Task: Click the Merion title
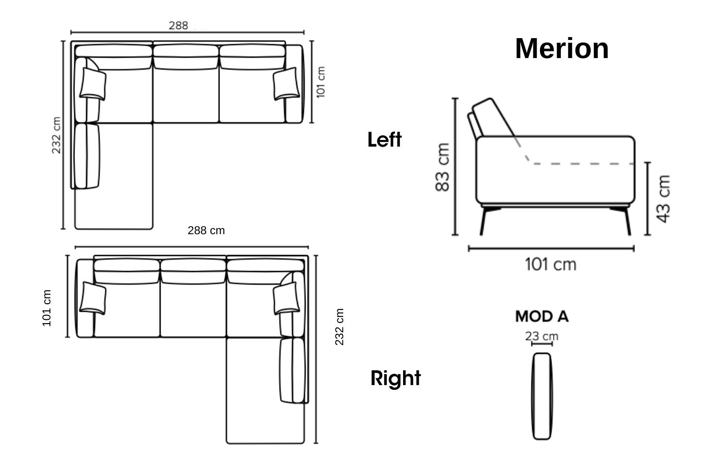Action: point(562,49)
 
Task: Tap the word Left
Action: point(385,139)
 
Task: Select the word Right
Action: point(395,378)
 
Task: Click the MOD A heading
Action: point(542,317)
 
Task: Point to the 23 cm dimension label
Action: point(541,336)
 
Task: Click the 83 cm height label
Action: point(443,168)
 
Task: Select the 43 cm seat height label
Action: point(664,199)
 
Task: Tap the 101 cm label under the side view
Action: point(550,265)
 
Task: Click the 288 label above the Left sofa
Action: point(178,26)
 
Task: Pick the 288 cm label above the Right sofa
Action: point(206,230)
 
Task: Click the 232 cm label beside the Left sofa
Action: point(57,135)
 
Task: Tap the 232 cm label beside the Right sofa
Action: point(339,327)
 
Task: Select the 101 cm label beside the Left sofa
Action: point(321,82)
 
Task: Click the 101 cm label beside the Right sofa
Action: point(47,308)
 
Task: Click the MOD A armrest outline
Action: point(542,397)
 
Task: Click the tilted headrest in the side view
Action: point(492,119)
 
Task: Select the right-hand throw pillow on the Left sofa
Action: point(286,83)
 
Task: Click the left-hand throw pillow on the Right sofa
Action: point(93,298)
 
